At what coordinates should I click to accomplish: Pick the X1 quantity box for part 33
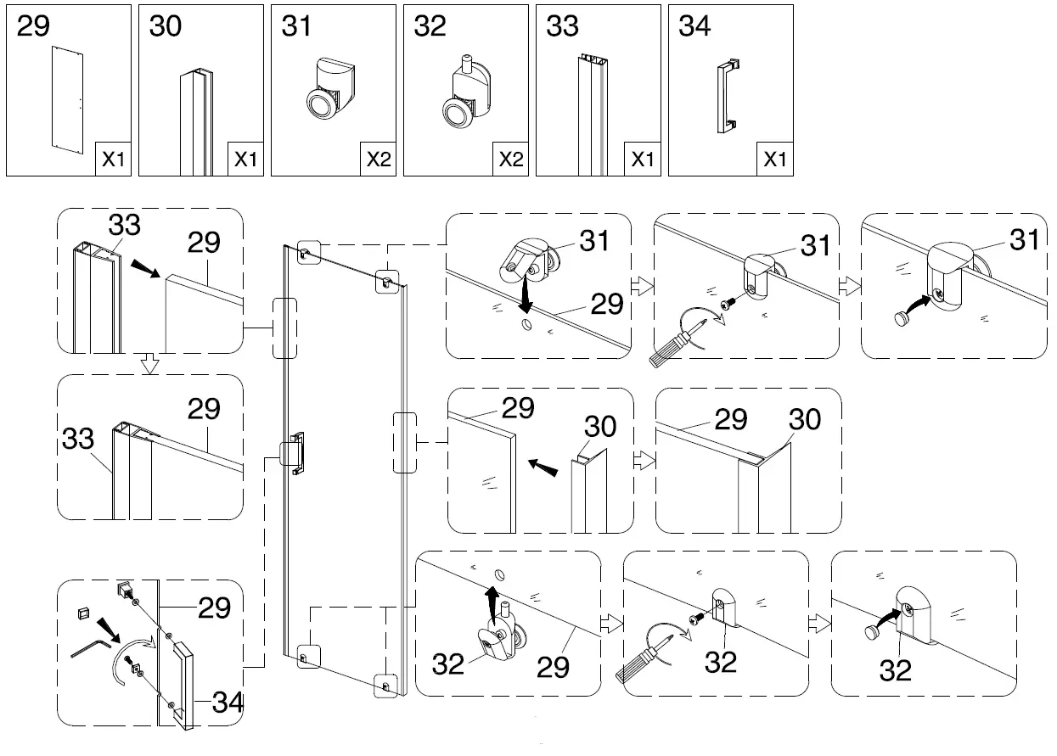[x=643, y=159]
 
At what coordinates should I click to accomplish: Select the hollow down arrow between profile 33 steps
[x=149, y=364]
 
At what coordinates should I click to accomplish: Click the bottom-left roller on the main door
[x=305, y=655]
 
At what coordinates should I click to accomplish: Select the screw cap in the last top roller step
[x=901, y=316]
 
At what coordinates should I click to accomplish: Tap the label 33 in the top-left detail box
[x=124, y=226]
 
